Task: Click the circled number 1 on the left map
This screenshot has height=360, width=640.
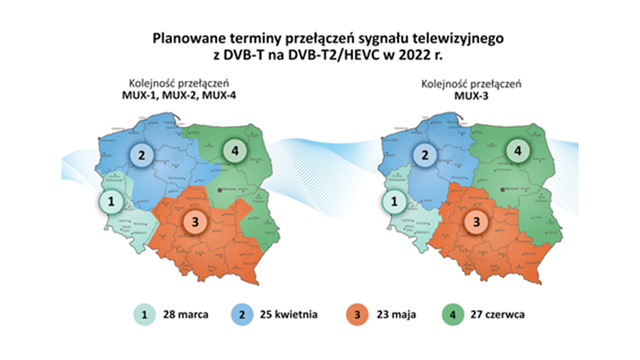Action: click(x=111, y=202)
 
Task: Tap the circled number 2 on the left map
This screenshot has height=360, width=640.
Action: click(x=142, y=154)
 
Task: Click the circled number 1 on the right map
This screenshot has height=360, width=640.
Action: click(x=394, y=202)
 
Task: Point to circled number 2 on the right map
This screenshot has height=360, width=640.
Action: click(x=424, y=154)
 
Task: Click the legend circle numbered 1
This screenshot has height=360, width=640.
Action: click(x=144, y=315)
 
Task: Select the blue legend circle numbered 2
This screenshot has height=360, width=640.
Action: click(x=241, y=315)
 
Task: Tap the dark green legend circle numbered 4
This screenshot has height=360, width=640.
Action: click(x=453, y=315)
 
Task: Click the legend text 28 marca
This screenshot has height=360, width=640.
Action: click(x=185, y=315)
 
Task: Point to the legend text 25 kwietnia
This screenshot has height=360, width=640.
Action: click(x=288, y=315)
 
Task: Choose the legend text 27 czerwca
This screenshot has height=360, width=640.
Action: click(x=497, y=315)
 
